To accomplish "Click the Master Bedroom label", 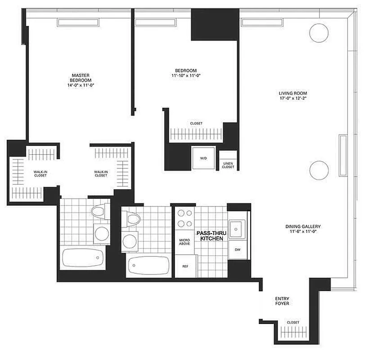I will tap(81, 77).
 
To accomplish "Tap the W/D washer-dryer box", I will tap(202, 158).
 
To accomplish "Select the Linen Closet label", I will tap(228, 165).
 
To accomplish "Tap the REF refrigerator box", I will tap(184, 266).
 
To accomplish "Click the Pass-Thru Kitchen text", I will tap(209, 236).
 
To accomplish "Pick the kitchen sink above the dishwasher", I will tap(236, 229).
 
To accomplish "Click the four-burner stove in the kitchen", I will tap(184, 219).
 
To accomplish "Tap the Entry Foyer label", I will tap(282, 301).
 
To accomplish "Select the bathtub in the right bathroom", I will tap(148, 265).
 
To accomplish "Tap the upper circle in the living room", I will tap(319, 32).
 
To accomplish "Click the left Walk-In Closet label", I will tap(40, 173).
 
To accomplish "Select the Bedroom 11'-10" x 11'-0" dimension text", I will tap(186, 76).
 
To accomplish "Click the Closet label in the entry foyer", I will tap(293, 323).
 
